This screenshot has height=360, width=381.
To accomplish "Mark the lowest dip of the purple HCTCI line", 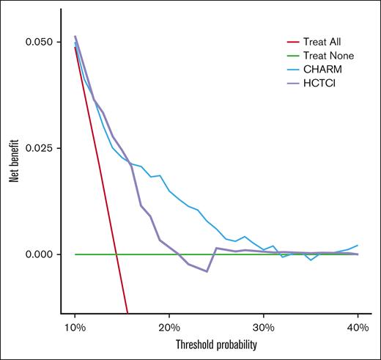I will click(207, 271).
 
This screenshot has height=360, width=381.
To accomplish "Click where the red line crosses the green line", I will click(117, 254).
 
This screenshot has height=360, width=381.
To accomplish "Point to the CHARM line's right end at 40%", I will click(358, 245).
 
